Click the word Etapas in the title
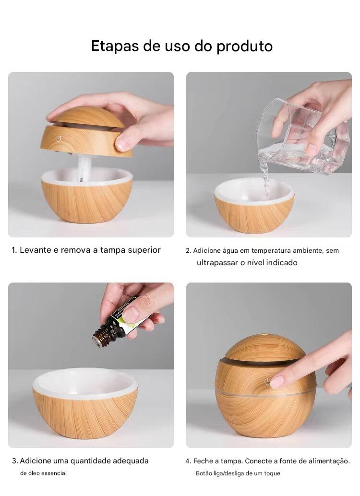[x=115, y=46]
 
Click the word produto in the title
[x=244, y=47]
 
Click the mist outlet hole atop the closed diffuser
[x=264, y=332]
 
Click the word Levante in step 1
[x=36, y=250]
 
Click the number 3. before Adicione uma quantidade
[x=15, y=461]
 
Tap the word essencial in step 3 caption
[x=53, y=473]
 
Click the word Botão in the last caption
[x=204, y=473]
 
